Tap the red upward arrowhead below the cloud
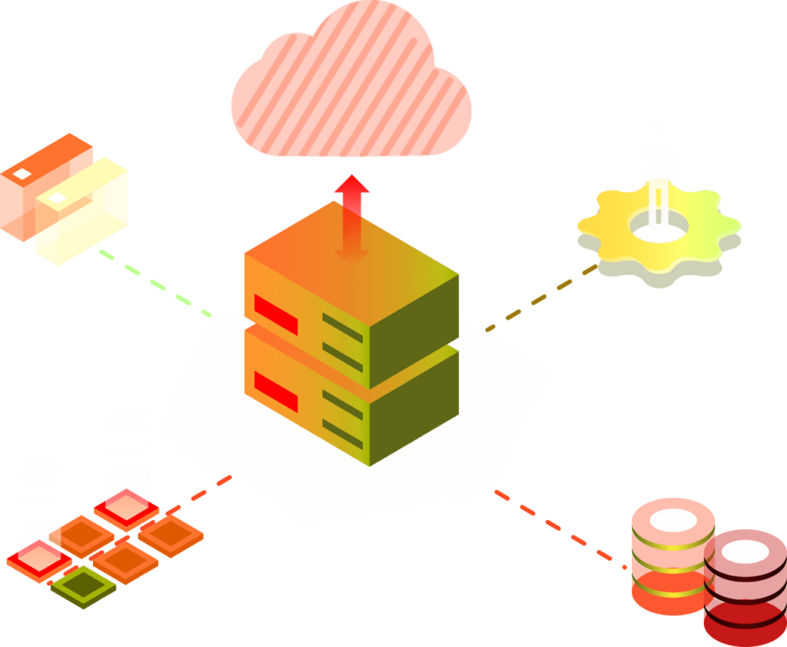point(352,185)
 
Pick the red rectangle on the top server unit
point(276,314)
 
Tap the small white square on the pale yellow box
point(58,198)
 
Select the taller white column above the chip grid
point(127,450)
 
